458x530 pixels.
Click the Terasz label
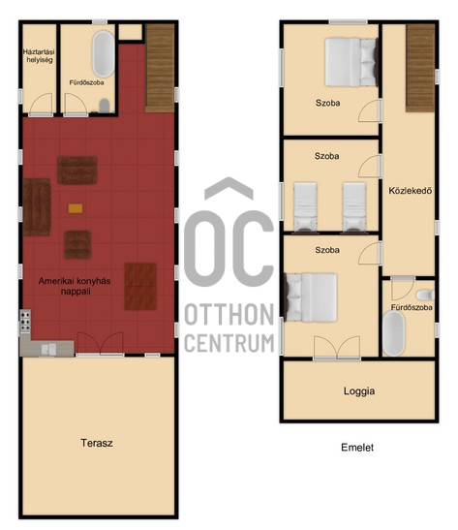[x=97, y=443]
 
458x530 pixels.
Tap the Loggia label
[x=359, y=391]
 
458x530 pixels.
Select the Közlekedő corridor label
[x=410, y=191]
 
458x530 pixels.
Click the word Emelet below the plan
[x=357, y=448]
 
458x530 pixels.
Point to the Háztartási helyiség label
[x=39, y=56]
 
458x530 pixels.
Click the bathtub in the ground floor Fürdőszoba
[x=104, y=54]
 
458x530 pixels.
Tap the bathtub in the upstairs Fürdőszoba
[x=393, y=333]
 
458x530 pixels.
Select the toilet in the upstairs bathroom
[x=425, y=296]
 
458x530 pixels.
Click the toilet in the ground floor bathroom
[x=105, y=106]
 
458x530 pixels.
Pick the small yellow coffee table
[x=76, y=208]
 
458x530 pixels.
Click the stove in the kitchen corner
[x=25, y=322]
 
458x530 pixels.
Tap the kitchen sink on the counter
[x=48, y=350]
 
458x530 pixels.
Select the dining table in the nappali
[x=140, y=286]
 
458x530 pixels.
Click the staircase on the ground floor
[x=160, y=68]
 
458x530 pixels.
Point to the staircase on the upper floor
[x=420, y=68]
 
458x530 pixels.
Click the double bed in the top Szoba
[x=351, y=62]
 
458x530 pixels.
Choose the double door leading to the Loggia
[x=337, y=348]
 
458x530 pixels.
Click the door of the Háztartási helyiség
[x=41, y=105]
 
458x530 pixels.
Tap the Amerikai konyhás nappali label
[x=75, y=286]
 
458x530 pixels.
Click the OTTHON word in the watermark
[x=229, y=314]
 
